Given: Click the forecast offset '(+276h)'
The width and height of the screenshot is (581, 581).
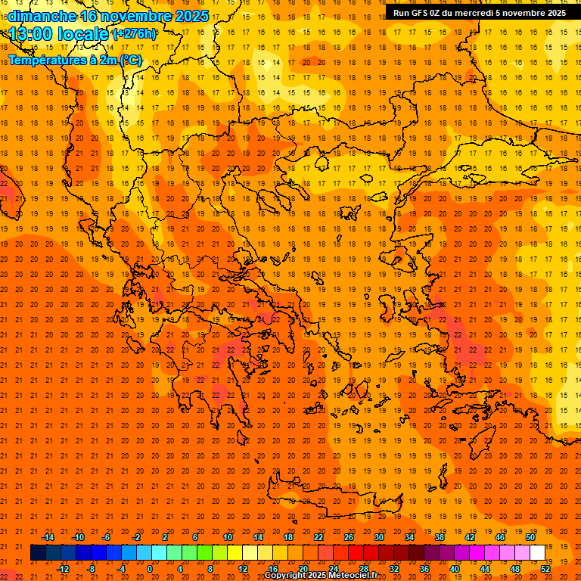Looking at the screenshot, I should (135, 34).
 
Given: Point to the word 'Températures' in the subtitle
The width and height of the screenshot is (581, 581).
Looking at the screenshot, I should (46, 61).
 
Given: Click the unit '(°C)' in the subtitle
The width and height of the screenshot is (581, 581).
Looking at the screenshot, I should (129, 61).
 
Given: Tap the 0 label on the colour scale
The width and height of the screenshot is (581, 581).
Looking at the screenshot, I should (150, 568).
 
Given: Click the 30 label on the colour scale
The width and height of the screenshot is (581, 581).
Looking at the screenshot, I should (378, 537).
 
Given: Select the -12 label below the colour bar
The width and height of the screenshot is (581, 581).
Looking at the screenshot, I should (63, 568).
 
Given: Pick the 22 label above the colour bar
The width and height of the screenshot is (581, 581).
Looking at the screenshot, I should (318, 537).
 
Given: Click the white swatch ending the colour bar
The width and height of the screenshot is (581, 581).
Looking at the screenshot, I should (537, 552).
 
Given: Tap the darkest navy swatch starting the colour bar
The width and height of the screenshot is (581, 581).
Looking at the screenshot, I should (38, 552).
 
